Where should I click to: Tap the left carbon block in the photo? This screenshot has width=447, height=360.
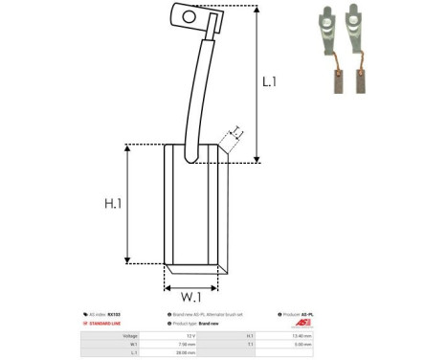click(339, 81)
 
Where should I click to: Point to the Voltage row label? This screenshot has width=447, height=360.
click(116, 335)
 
